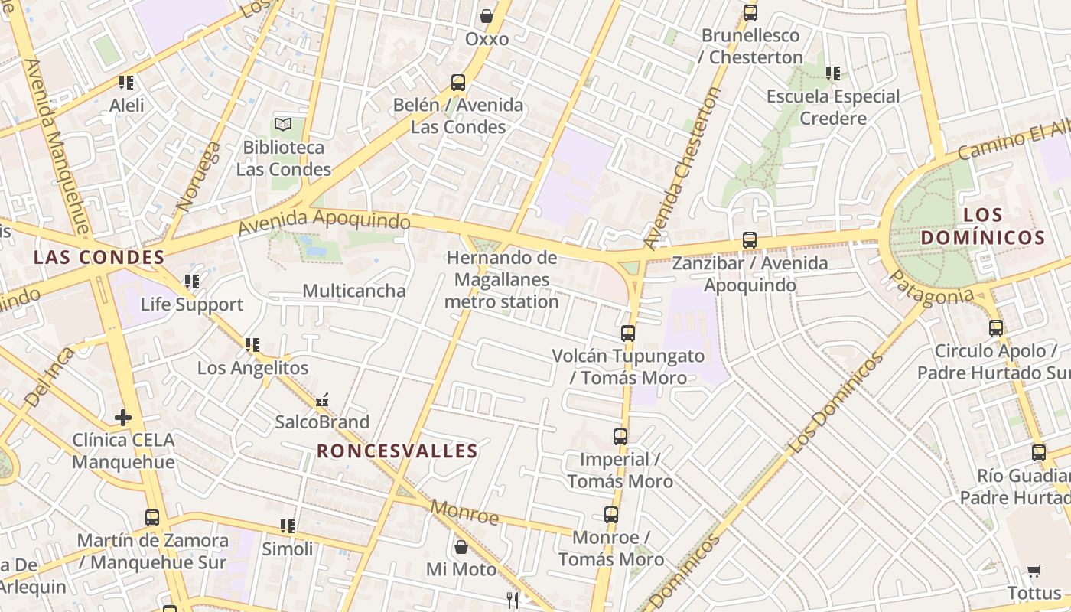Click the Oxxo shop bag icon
(x=486, y=15)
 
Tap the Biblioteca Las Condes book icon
(x=283, y=124)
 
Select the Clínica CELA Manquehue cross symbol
(x=122, y=418)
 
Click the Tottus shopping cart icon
(x=1034, y=571)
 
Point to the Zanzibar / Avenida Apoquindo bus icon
(x=750, y=240)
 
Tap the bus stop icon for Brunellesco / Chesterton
(x=750, y=13)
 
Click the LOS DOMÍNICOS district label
(x=982, y=226)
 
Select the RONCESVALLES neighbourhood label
(x=397, y=451)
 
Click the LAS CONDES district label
(x=99, y=257)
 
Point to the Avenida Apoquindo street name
(x=324, y=222)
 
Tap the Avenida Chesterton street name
(x=682, y=168)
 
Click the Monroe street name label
(x=464, y=512)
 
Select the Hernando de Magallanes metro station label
(x=502, y=280)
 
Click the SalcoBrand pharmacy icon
(x=322, y=400)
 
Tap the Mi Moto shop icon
(x=461, y=547)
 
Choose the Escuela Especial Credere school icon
(x=832, y=73)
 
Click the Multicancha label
(x=354, y=291)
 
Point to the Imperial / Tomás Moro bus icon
(x=620, y=437)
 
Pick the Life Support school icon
(x=191, y=282)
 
